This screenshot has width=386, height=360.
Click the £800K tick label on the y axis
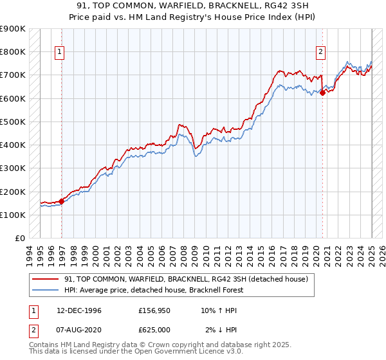tap(13, 51)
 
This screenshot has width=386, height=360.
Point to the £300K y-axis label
tap(13, 168)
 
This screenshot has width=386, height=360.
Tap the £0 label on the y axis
tap(19, 239)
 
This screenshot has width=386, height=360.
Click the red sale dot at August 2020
tap(322, 93)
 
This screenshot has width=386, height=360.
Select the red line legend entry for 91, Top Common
tap(187, 279)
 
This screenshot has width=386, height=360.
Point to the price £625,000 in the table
tap(156, 329)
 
